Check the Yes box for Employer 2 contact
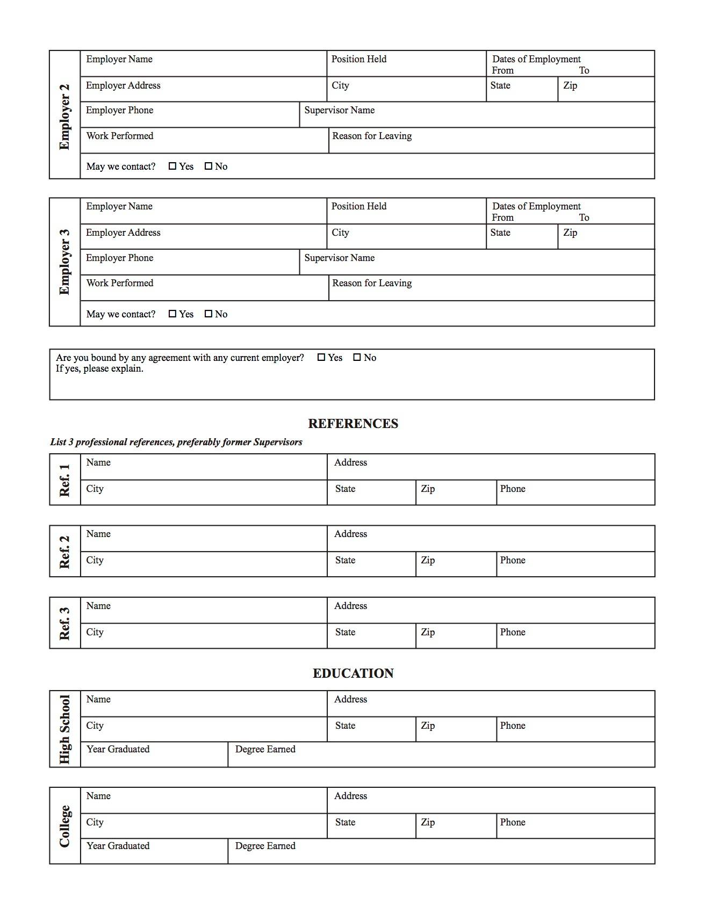pos(172,166)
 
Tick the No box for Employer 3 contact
pos(208,314)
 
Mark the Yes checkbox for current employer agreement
pos(321,357)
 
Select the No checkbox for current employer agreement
pos(357,357)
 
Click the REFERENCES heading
pos(353,424)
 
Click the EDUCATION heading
pos(353,673)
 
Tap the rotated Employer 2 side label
pos(64,117)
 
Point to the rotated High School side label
pos(64,729)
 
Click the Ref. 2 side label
pos(64,552)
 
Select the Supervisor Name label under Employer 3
pos(339,258)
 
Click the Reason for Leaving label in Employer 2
pos(372,136)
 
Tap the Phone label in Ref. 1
pos(513,489)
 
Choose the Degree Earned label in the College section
pos(265,846)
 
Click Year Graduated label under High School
pos(118,749)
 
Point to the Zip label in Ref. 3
pos(428,632)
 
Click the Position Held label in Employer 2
pos(358,59)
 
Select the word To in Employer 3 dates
pos(584,218)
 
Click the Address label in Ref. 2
pos(350,534)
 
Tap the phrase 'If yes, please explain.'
pos(99,368)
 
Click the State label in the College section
pos(345,822)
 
